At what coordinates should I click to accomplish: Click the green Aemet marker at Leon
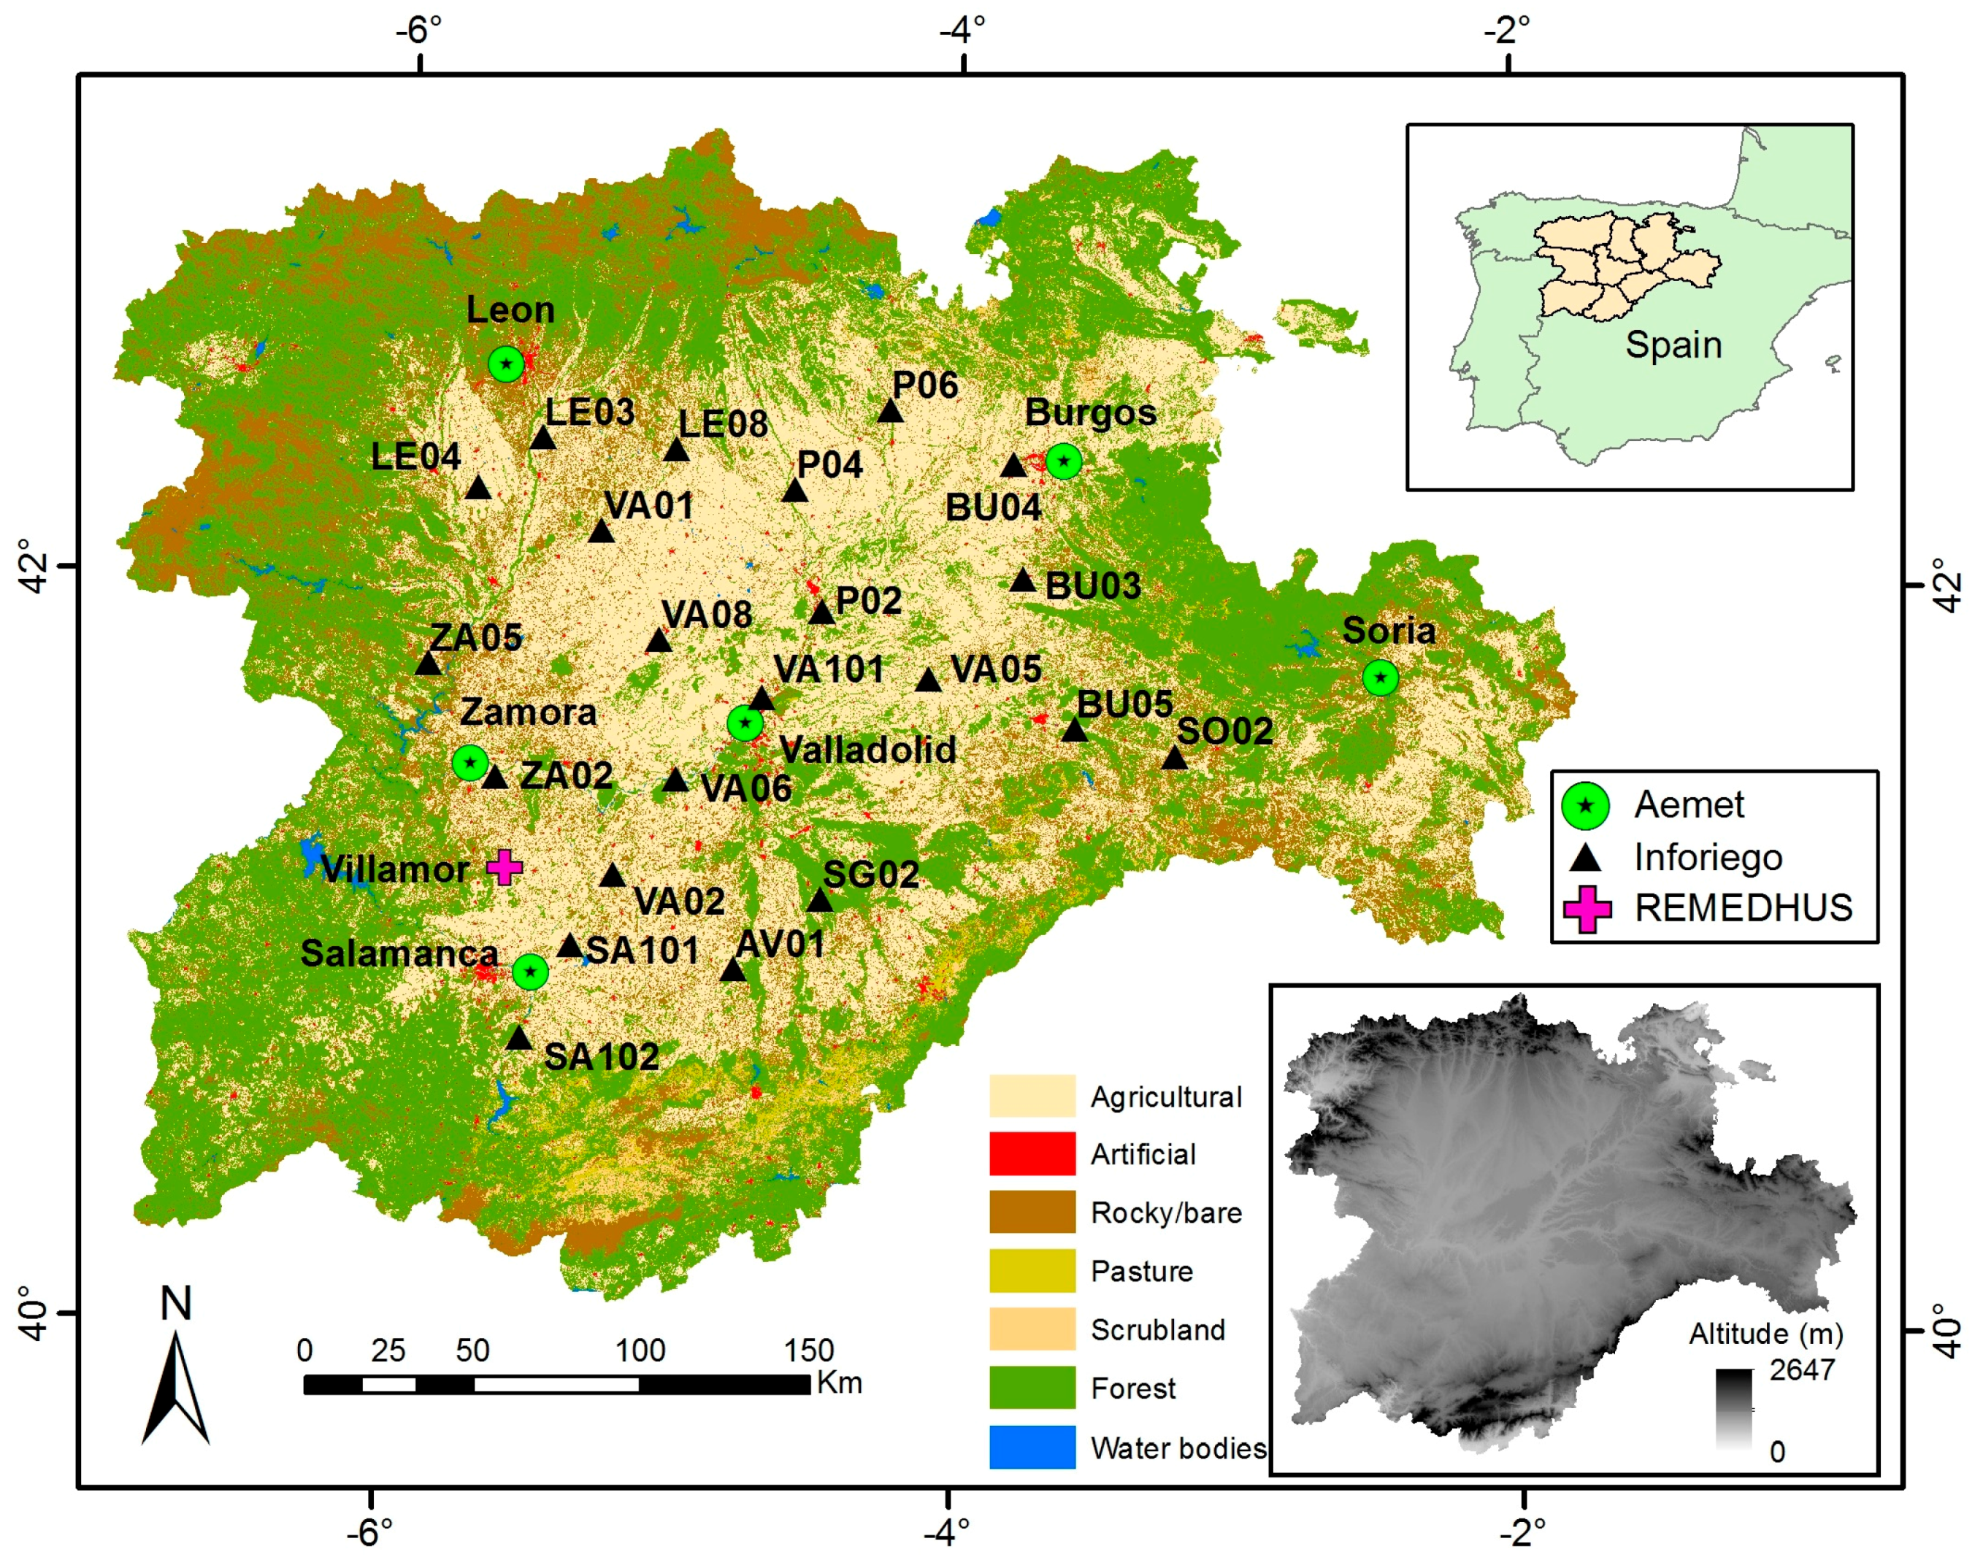click(506, 364)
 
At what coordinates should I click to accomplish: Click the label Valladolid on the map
click(867, 750)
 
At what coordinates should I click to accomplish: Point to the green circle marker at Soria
click(1380, 677)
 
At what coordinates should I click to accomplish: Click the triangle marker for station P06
click(891, 412)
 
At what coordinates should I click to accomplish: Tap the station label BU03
click(1092, 586)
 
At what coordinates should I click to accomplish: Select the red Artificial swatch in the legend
click(1032, 1153)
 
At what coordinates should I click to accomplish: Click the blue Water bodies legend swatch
click(1032, 1447)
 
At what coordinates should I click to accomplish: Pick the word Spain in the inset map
click(1673, 345)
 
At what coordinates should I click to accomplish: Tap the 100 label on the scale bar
click(640, 1350)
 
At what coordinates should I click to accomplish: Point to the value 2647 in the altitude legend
click(1801, 1370)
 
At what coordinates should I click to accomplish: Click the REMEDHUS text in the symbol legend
click(1743, 908)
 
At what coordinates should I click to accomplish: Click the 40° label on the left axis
click(35, 1313)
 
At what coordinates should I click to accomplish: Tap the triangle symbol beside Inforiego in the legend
click(1586, 858)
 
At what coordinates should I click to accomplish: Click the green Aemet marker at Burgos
click(1064, 461)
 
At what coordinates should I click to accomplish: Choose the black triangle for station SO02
click(1174, 758)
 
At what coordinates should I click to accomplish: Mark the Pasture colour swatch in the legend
click(1032, 1270)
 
